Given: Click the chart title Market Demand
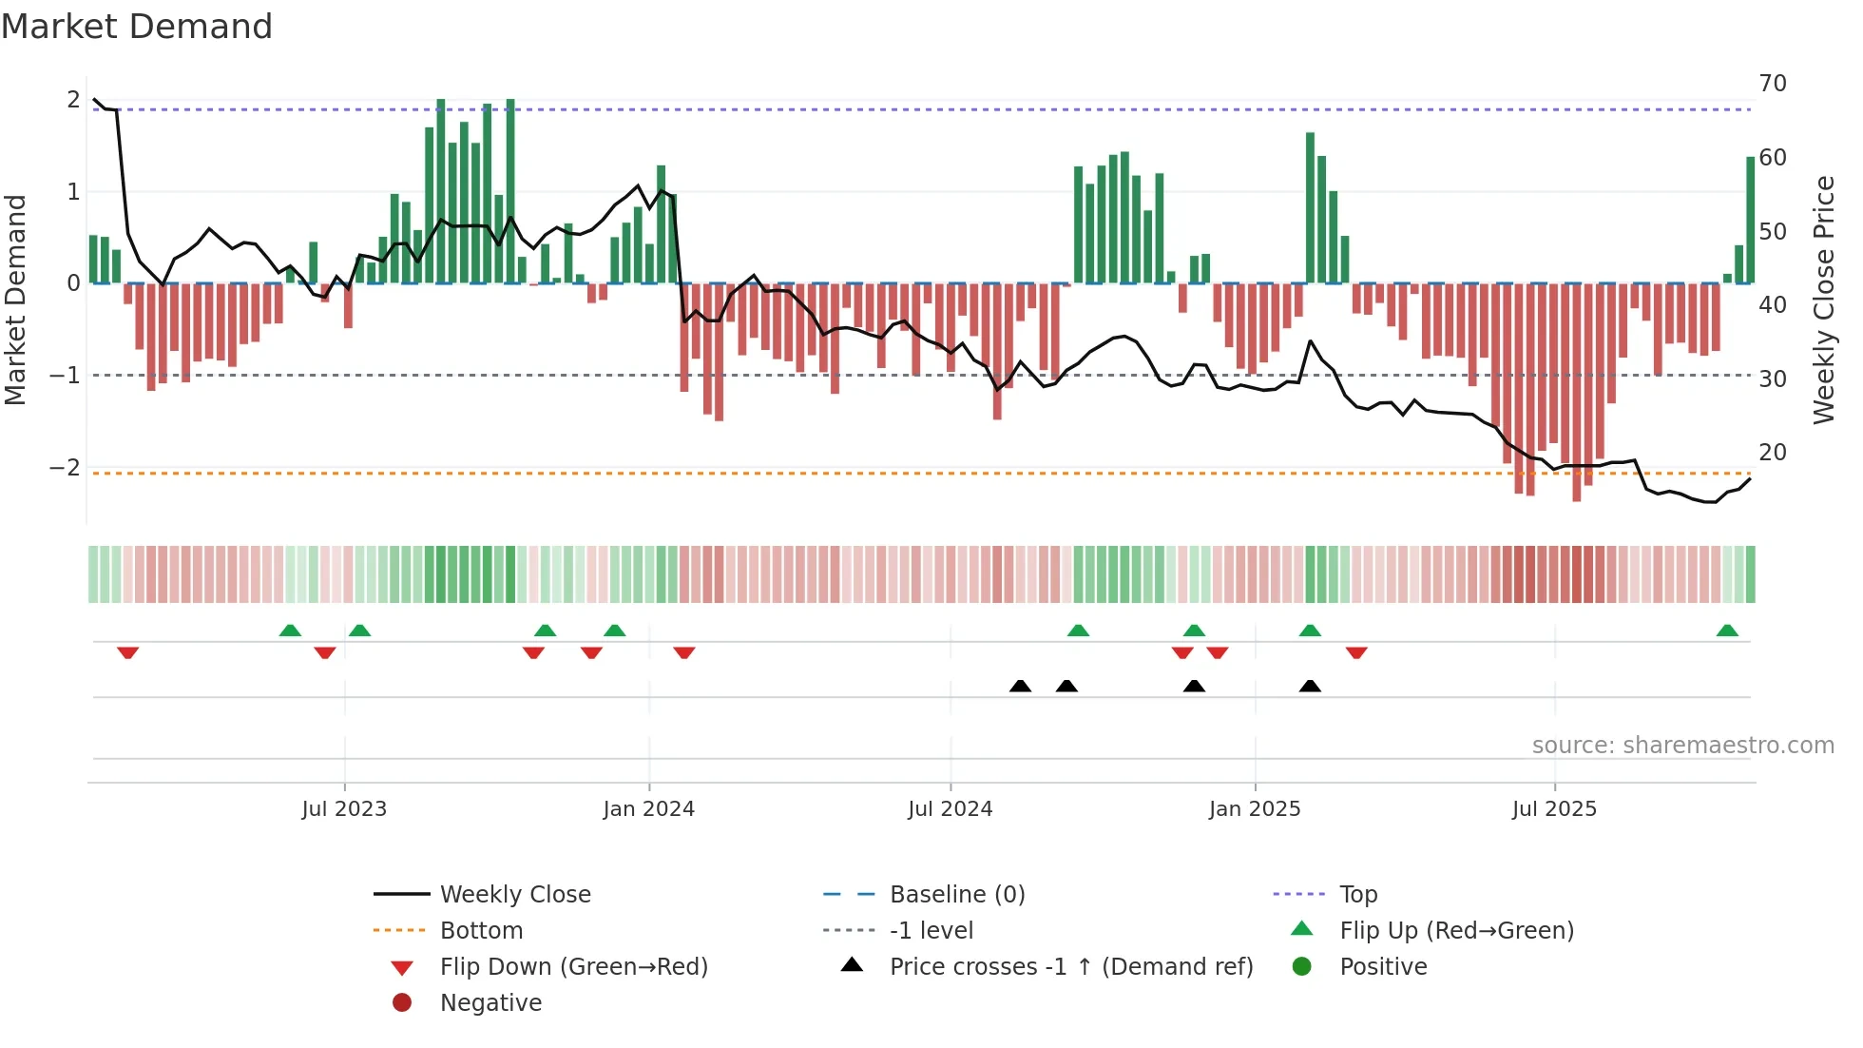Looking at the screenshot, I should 137,27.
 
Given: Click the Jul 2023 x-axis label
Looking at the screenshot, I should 344,809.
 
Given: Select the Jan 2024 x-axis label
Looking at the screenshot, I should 648,809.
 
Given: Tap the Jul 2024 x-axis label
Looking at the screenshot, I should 950,809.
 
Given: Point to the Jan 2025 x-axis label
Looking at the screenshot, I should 1255,809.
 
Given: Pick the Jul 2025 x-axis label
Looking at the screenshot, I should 1554,809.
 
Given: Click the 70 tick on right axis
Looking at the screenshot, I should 1773,84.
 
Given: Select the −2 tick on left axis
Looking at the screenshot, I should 65,468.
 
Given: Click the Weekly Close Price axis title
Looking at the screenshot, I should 1823,300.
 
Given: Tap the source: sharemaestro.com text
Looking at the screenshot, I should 1682,746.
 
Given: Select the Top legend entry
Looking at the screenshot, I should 1357,895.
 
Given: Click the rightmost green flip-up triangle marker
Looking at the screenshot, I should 1727,631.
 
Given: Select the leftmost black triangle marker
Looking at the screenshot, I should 1020,686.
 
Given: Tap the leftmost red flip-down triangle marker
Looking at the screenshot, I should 128,652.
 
